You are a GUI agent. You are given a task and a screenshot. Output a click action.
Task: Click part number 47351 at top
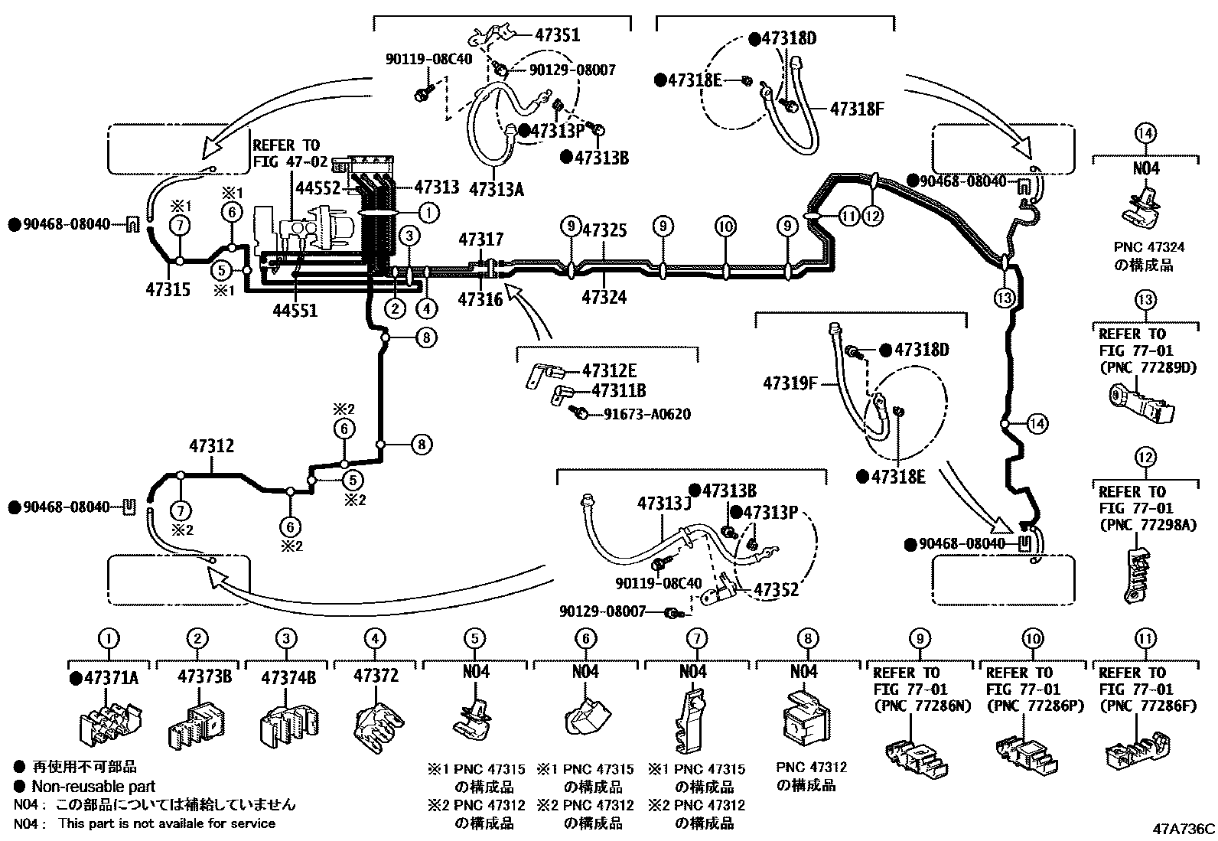pos(557,34)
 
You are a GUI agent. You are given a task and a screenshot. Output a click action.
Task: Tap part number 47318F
pos(857,109)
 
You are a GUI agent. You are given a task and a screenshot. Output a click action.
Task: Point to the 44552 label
pos(318,187)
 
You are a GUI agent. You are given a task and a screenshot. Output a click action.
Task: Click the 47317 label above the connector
pos(481,240)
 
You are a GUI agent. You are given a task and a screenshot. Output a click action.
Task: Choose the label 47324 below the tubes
pos(604,298)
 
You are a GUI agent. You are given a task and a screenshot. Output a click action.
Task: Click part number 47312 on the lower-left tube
pos(212,446)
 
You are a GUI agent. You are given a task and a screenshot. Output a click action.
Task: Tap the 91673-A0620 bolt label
pos(646,415)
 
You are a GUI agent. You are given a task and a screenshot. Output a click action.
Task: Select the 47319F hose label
pos(790,382)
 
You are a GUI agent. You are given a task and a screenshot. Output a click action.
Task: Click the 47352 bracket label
pos(777,589)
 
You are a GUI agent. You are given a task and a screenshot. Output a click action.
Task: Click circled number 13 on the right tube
pos(1004,297)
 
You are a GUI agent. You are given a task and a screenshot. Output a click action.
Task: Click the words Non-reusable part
pos(93,786)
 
